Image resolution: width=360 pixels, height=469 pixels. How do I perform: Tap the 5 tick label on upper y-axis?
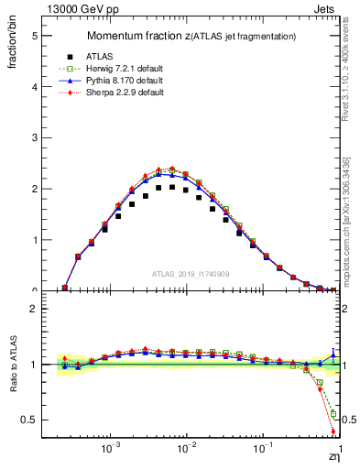click(x=34, y=36)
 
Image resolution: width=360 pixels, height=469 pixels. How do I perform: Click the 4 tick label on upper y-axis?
click(x=34, y=87)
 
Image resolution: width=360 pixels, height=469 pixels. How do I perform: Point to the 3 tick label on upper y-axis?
click(x=34, y=138)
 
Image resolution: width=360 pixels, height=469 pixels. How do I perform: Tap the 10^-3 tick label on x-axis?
click(x=110, y=449)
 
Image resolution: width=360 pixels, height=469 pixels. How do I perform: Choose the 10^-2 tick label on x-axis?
click(x=186, y=449)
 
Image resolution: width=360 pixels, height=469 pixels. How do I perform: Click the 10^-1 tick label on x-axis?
click(x=262, y=449)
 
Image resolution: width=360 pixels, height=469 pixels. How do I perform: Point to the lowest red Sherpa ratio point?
click(x=333, y=431)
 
